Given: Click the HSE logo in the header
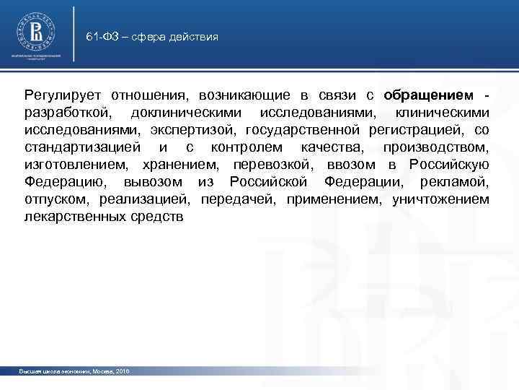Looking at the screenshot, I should [x=35, y=32].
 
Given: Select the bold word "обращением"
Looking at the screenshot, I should [x=429, y=95].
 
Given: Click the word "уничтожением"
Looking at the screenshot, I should [x=440, y=199].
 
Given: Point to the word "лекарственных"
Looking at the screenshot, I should [x=70, y=217].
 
